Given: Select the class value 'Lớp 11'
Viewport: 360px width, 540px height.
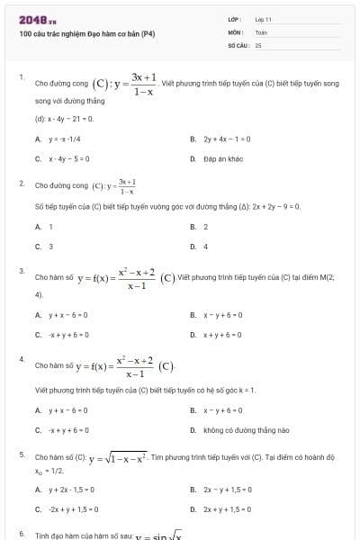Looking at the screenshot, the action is (x=263, y=19).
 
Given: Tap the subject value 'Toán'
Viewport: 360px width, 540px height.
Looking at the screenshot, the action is (x=261, y=31).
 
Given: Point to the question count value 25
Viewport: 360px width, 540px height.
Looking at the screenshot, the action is (x=258, y=44).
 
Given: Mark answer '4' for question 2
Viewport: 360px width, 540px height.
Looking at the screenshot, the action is (x=206, y=246).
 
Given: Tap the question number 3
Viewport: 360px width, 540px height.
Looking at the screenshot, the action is (x=21, y=270).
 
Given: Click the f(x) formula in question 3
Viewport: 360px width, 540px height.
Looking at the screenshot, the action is (x=104, y=278).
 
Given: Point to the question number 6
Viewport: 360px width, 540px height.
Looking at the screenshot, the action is (x=21, y=534).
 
